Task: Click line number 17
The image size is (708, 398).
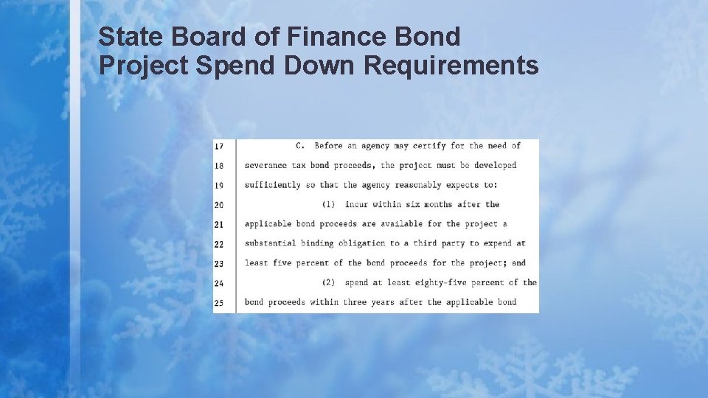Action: pos(219,146)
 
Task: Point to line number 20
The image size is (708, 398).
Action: pos(219,205)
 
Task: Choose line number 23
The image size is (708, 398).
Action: pos(219,263)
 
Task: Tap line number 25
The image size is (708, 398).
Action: pos(219,302)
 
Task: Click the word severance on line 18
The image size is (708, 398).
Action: pos(265,165)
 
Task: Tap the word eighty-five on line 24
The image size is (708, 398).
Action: pos(420,282)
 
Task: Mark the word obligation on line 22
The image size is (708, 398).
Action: pos(361,243)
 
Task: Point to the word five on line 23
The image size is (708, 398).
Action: pos(282,263)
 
